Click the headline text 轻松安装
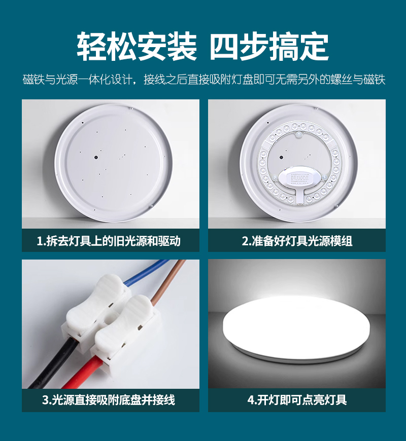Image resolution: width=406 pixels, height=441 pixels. click(x=137, y=47)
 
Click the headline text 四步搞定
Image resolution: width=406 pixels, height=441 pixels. click(x=269, y=47)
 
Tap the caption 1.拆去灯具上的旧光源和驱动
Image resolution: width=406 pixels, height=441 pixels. click(x=109, y=241)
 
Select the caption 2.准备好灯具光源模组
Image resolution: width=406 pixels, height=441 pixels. click(x=297, y=241)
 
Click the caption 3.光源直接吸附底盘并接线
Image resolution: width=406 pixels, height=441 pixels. click(x=109, y=400)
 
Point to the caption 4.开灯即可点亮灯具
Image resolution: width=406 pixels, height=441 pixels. click(x=297, y=400)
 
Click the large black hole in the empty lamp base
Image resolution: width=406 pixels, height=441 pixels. click(x=96, y=158)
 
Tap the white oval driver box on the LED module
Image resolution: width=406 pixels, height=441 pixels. click(x=300, y=179)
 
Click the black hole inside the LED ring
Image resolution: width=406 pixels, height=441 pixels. click(x=281, y=158)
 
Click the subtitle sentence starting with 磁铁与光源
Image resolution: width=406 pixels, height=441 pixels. click(x=204, y=79)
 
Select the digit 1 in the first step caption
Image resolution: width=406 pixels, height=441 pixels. click(x=40, y=241)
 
